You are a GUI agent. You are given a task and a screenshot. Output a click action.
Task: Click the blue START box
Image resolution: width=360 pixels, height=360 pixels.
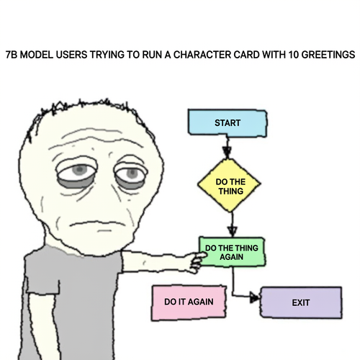[x=228, y=122]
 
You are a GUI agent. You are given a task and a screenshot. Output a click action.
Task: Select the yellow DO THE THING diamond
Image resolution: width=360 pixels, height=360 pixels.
[x=229, y=185]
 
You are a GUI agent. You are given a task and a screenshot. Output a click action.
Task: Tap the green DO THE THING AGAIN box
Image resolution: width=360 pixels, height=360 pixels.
[x=232, y=252]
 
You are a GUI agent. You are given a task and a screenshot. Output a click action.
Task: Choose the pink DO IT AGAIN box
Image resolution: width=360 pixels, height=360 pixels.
[x=189, y=302]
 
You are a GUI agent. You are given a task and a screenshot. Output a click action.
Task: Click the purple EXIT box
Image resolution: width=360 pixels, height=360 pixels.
[x=301, y=302]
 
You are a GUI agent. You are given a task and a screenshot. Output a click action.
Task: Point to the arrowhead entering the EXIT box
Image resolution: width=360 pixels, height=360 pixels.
[x=255, y=297]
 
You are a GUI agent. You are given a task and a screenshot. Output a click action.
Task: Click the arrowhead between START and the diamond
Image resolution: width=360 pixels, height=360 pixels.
[x=227, y=152]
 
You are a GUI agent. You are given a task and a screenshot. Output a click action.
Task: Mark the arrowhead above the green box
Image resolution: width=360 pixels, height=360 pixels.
[x=232, y=231]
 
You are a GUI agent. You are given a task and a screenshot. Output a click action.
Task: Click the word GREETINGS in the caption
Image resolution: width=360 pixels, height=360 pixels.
[x=328, y=55]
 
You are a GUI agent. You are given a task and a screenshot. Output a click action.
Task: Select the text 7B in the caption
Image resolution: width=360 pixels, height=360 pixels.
[x=12, y=55]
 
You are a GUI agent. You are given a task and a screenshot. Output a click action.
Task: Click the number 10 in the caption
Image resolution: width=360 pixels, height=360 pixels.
[x=294, y=55]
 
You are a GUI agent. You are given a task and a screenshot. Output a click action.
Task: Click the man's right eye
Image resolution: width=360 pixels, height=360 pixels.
[x=77, y=172]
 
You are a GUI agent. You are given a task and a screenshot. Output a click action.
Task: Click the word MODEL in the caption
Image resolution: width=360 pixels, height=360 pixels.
[x=37, y=55]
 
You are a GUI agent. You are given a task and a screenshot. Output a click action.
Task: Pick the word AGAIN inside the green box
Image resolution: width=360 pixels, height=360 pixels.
[x=231, y=257]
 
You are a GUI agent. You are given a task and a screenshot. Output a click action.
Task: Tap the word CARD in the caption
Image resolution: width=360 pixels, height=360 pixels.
[x=246, y=55]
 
